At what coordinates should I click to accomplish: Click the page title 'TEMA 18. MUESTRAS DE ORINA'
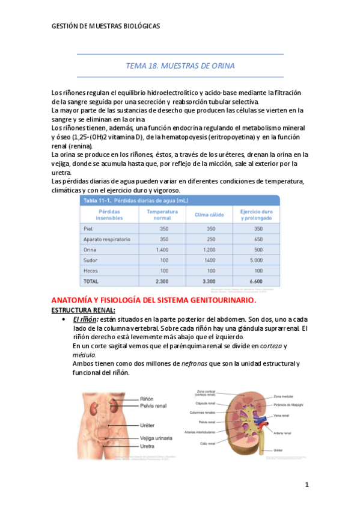click(x=180, y=66)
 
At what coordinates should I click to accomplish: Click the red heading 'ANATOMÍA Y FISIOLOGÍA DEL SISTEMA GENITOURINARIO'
click(x=154, y=300)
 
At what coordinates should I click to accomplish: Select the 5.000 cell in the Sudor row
click(x=258, y=260)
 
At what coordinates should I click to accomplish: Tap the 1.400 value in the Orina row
click(x=162, y=250)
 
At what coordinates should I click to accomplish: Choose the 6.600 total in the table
click(x=258, y=281)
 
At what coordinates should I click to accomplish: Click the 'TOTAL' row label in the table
click(x=91, y=281)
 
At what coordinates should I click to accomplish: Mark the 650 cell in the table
click(x=258, y=239)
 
